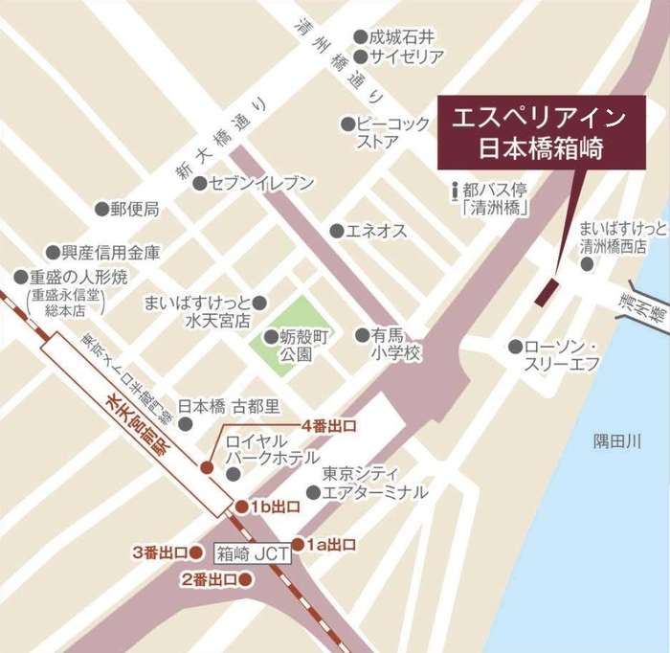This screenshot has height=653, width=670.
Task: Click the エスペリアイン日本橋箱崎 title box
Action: point(538,133)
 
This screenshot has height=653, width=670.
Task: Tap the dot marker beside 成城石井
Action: point(360,37)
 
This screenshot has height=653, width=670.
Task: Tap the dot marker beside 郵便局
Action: point(100,208)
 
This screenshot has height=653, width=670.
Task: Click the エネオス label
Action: point(375,231)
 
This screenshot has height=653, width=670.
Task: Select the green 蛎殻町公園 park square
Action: point(296,328)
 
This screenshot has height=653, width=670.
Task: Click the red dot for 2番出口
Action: point(246,578)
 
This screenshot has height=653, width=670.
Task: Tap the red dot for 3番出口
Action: point(197,552)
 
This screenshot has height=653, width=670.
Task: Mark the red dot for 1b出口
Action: point(242,506)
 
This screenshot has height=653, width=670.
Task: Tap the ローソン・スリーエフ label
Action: point(566,354)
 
